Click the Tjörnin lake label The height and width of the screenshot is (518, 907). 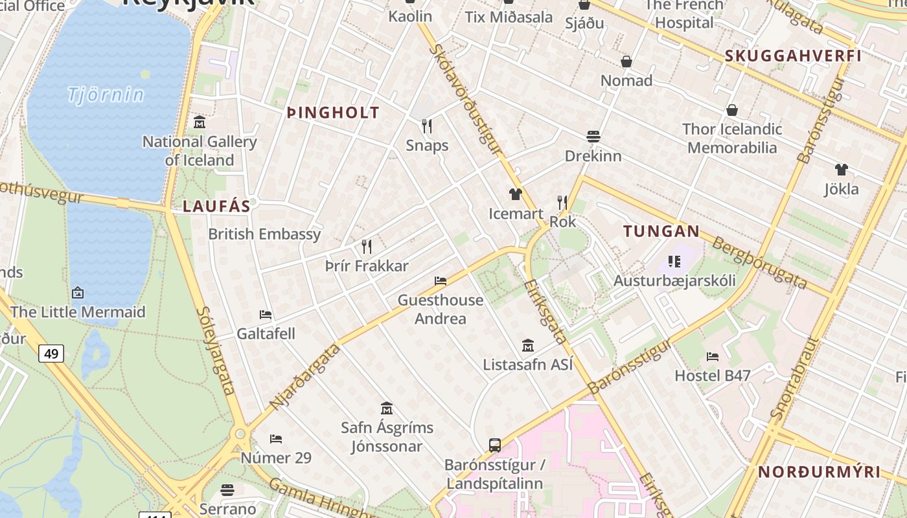(106, 95)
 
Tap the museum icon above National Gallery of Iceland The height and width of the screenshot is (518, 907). (200, 122)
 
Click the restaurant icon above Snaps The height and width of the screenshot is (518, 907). (426, 126)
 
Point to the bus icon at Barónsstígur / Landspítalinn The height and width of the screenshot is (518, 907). (495, 445)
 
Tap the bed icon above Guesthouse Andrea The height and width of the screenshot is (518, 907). (441, 281)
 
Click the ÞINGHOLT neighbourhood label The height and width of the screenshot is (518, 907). (333, 113)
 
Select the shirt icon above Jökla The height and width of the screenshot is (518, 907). (841, 170)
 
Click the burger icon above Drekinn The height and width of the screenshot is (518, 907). (593, 137)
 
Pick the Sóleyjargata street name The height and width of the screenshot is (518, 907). (215, 350)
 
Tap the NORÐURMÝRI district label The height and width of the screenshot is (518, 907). (819, 472)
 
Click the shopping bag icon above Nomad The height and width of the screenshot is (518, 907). (626, 62)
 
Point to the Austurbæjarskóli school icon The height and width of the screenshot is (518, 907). (674, 262)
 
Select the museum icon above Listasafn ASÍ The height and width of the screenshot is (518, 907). (527, 346)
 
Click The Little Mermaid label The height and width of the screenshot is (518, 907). (78, 312)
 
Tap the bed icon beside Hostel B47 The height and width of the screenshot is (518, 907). (713, 357)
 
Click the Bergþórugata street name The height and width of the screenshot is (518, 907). (759, 263)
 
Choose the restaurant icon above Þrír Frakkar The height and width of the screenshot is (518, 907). (367, 247)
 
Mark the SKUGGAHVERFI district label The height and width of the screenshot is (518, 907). (793, 56)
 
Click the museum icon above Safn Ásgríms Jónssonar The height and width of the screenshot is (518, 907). (387, 409)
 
